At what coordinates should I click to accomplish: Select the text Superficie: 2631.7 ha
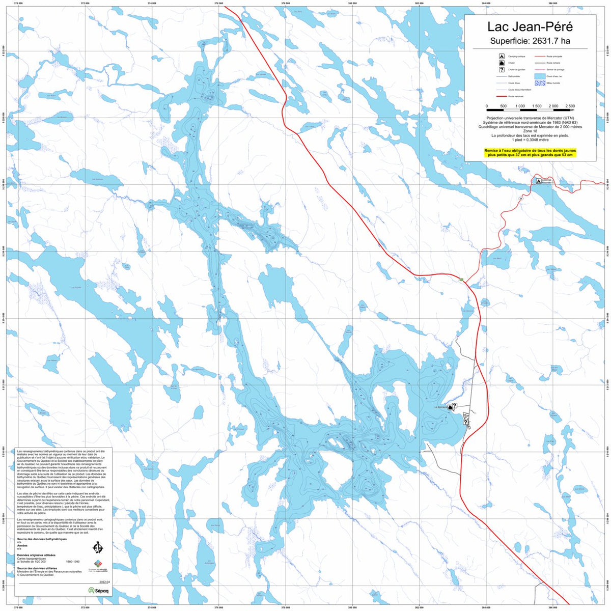[530, 41]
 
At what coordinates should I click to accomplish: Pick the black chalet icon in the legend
[502, 63]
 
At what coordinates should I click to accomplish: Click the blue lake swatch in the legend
[540, 76]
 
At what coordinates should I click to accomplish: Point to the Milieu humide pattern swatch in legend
[540, 82]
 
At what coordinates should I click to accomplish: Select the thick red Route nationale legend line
[502, 96]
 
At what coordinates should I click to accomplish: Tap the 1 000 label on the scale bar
[520, 106]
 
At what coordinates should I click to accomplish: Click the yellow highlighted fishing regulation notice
[530, 153]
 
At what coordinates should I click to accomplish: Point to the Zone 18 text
[530, 131]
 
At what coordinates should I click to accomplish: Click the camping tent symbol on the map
[538, 181]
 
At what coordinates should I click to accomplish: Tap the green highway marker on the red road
[461, 280]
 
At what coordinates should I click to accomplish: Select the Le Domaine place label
[440, 407]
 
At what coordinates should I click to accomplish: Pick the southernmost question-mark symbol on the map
[465, 422]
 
